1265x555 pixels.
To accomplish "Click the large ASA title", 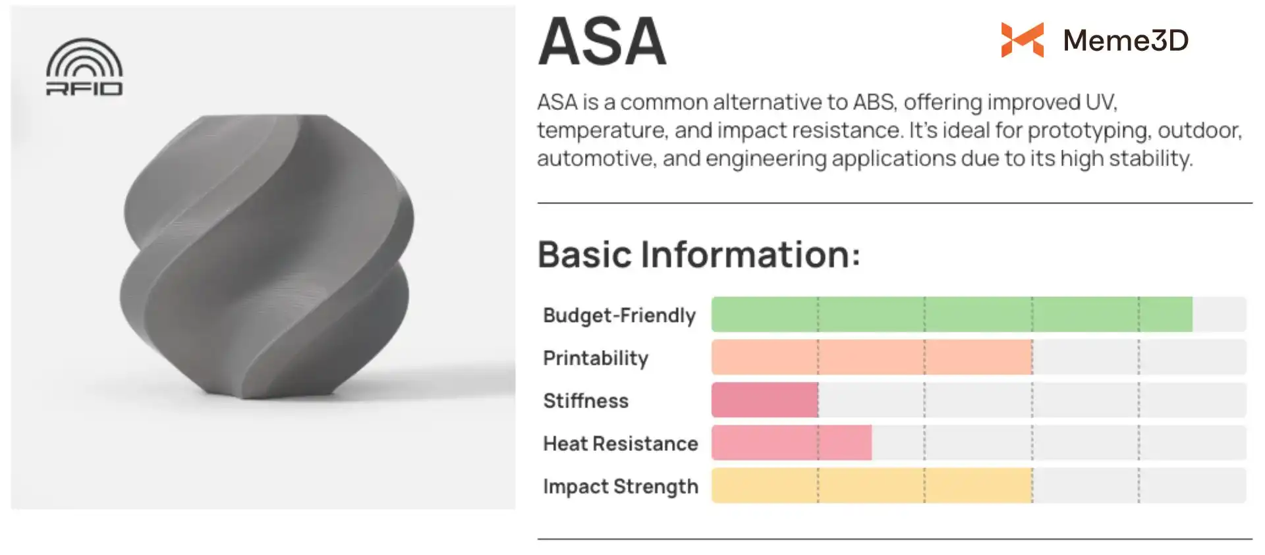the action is (x=602, y=41).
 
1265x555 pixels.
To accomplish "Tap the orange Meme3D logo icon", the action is (x=1022, y=40).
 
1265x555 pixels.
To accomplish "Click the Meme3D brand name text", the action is (x=1126, y=40).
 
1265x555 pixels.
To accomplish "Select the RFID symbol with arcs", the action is (x=84, y=66).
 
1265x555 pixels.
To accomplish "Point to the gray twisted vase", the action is (x=267, y=257).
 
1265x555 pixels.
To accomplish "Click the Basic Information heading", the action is (x=699, y=254).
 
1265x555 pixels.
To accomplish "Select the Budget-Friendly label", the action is (x=619, y=315).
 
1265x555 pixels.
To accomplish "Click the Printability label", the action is (x=596, y=358).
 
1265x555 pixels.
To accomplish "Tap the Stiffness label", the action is (x=586, y=401).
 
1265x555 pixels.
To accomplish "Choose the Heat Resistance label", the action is (x=621, y=444).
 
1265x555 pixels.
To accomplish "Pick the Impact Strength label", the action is (x=621, y=487).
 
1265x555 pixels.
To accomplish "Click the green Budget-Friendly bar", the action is (x=952, y=314).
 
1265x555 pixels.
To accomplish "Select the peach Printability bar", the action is (x=872, y=357).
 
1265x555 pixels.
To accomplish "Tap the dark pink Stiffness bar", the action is (x=765, y=400).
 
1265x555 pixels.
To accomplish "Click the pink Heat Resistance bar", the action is (x=791, y=442).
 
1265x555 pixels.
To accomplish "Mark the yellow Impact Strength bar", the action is (x=872, y=485).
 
